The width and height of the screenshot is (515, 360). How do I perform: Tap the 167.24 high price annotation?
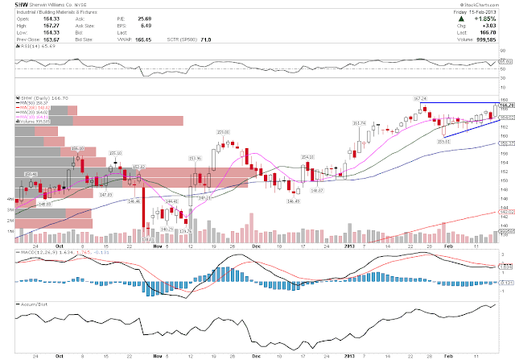(x=418, y=97)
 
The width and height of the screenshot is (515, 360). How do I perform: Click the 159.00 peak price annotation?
(x=223, y=131)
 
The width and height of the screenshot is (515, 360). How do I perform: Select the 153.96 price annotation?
(x=194, y=158)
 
